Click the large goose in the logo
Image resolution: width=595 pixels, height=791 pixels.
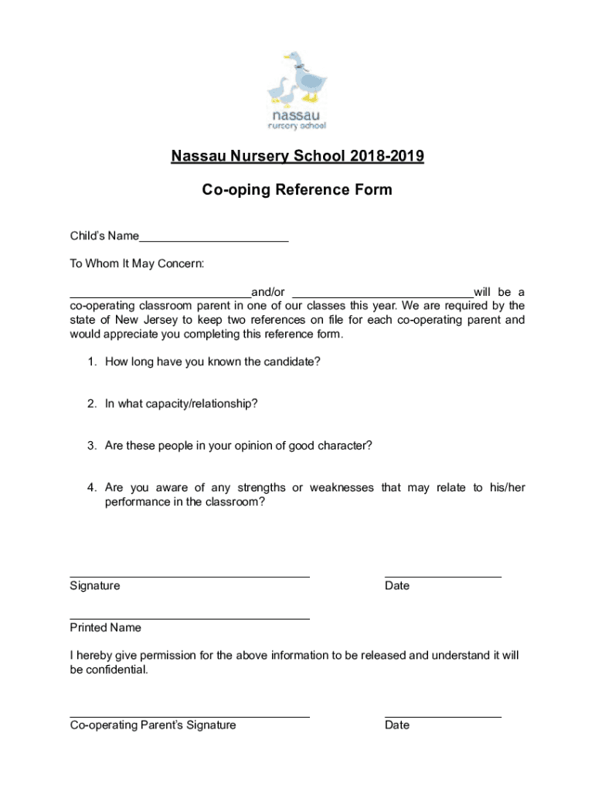[x=307, y=75]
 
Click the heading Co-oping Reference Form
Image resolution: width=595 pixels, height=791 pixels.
[x=297, y=189]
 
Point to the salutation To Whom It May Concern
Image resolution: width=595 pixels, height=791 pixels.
[x=137, y=264]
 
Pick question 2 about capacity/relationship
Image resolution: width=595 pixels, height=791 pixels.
[x=182, y=403]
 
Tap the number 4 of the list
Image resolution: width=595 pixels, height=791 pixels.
[x=91, y=487]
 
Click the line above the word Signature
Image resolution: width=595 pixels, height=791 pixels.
[x=189, y=576]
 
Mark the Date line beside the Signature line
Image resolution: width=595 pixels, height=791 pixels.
[x=443, y=576]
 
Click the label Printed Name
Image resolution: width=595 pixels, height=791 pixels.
[x=106, y=627]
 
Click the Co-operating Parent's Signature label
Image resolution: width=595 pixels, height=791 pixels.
[x=153, y=725]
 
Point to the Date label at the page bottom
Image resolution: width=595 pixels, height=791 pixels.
[x=397, y=725]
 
